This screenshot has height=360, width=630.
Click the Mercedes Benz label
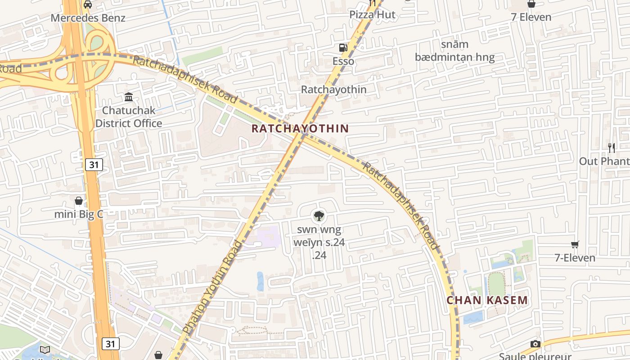tap(88, 18)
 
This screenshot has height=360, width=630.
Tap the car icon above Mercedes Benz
tap(88, 4)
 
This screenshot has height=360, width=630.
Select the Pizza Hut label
tap(373, 14)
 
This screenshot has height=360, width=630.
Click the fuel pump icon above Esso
tap(343, 48)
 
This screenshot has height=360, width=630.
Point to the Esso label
tap(343, 61)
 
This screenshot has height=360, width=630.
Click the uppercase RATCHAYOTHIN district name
tap(300, 129)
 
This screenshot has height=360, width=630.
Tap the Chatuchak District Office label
tap(129, 117)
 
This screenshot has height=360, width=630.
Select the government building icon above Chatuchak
tap(129, 97)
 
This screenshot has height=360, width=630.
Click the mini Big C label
tap(79, 214)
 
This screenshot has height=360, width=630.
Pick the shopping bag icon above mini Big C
tap(79, 201)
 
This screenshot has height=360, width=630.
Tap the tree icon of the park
tap(319, 216)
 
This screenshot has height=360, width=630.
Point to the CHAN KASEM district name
tap(487, 300)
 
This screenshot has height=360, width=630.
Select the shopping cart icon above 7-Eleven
tap(575, 244)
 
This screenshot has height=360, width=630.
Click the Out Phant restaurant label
tap(604, 161)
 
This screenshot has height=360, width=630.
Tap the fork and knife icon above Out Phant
tap(612, 148)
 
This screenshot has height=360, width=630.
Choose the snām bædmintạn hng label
tap(454, 51)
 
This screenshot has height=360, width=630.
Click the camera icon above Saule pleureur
tap(535, 344)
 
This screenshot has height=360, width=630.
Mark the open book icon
tap(45, 350)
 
